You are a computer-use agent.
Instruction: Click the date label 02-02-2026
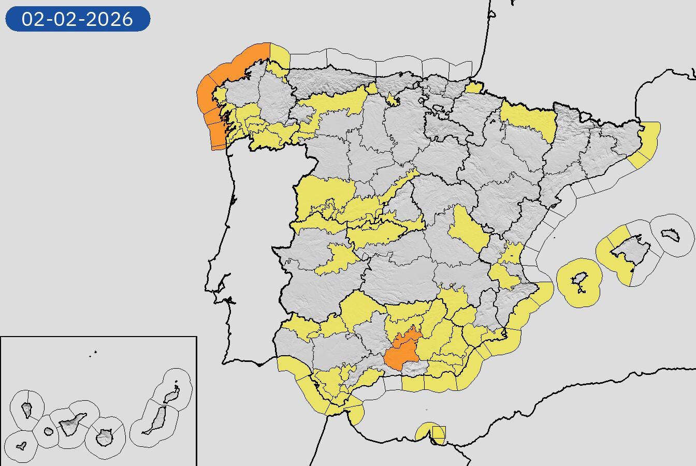tap(78, 19)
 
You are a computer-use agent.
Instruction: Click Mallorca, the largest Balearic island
tap(629, 251)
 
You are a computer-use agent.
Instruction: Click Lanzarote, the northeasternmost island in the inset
tap(172, 395)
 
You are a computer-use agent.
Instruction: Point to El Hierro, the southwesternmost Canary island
tap(21, 445)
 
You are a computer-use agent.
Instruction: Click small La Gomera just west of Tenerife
tap(49, 431)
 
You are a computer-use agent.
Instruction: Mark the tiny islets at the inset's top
tap(94, 354)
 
